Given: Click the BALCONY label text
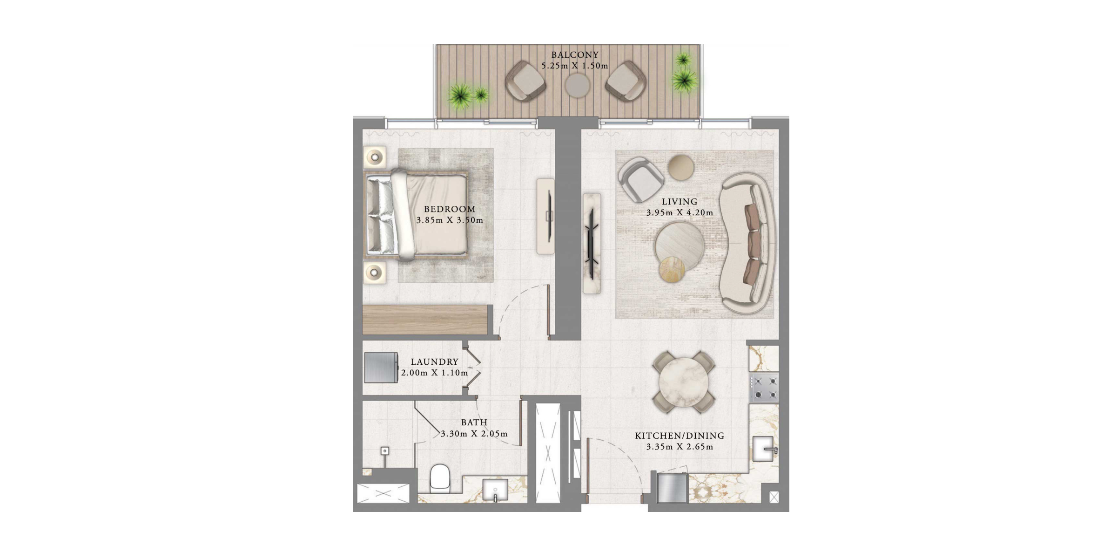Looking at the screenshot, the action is (575, 55).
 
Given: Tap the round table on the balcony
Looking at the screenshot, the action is (578, 86).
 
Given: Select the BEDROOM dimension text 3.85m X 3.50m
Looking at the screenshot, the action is (450, 220).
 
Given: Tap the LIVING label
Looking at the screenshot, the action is (680, 202).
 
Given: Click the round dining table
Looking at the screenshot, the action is (684, 382).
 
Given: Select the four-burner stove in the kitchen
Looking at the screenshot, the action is (764, 388).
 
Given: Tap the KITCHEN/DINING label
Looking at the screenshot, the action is (680, 436).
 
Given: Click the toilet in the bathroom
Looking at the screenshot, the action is (440, 478).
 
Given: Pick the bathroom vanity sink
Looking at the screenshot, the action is (495, 490).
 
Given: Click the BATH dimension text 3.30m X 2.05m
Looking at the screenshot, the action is (474, 434).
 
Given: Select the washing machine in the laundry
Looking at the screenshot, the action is (381, 368).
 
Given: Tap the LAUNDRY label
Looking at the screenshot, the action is (435, 362).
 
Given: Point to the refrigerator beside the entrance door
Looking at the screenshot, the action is (672, 488).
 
